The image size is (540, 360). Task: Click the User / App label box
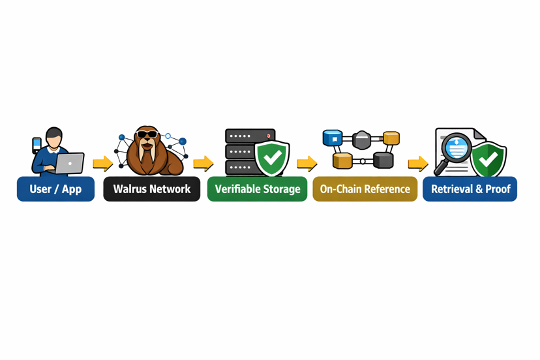pyautogui.click(x=55, y=189)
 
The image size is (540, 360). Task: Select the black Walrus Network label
pyautogui.click(x=151, y=189)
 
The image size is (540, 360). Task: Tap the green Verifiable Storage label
pyautogui.click(x=257, y=189)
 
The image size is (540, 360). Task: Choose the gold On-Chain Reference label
pyautogui.click(x=365, y=189)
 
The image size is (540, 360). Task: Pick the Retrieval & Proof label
pyautogui.click(x=470, y=189)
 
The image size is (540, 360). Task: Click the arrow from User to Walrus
pyautogui.click(x=102, y=163)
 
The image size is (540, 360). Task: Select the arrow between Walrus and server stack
pyautogui.click(x=203, y=163)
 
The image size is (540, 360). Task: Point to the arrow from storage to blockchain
pyautogui.click(x=307, y=163)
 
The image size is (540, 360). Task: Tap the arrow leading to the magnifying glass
pyautogui.click(x=417, y=163)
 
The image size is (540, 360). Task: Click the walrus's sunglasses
pyautogui.click(x=147, y=135)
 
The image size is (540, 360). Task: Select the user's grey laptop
pyautogui.click(x=70, y=163)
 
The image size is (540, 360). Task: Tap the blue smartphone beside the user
pyautogui.click(x=37, y=144)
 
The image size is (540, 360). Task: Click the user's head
pyautogui.click(x=54, y=138)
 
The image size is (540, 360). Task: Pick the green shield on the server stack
pyautogui.click(x=273, y=157)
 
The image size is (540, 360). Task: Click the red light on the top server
pyautogui.click(x=268, y=136)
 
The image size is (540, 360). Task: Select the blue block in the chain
pyautogui.click(x=333, y=138)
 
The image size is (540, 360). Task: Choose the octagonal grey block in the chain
pyautogui.click(x=362, y=139)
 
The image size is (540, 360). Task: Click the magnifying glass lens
pyautogui.click(x=457, y=148)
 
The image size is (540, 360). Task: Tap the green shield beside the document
pyautogui.click(x=488, y=158)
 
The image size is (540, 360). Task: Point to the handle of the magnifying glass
pyautogui.click(x=440, y=169)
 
